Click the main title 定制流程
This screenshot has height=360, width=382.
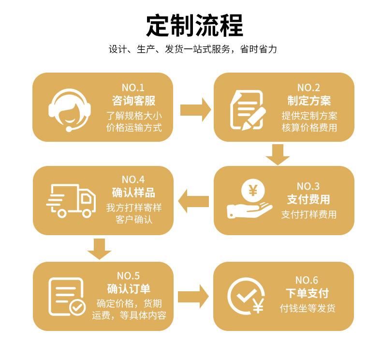point(194,26)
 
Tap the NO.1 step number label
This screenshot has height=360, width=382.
point(133,88)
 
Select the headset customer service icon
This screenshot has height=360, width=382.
point(70,108)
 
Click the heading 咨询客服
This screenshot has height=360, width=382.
point(133,101)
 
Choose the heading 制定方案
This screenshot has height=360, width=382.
point(309,101)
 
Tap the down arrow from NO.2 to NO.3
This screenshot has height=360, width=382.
point(278,154)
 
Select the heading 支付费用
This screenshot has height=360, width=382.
point(309,199)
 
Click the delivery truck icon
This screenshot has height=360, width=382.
point(71,200)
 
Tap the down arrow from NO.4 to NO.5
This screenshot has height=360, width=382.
point(100,248)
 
